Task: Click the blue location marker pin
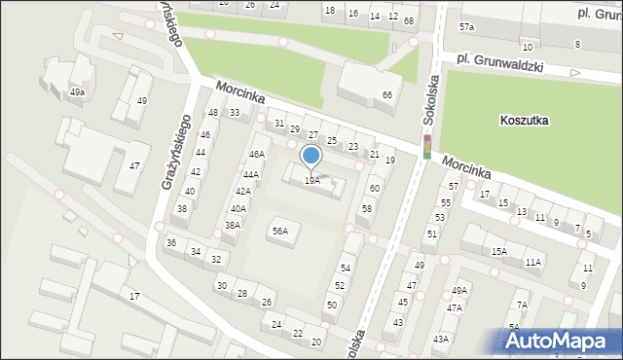click(x=311, y=156)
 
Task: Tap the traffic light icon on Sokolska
click(x=426, y=147)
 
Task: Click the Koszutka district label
click(x=524, y=121)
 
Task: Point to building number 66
click(x=387, y=94)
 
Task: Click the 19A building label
click(x=311, y=180)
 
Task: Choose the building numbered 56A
click(x=280, y=231)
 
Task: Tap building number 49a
click(x=77, y=92)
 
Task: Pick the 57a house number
click(x=467, y=26)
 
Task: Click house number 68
click(x=408, y=20)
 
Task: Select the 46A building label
click(x=256, y=154)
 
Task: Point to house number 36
click(x=171, y=242)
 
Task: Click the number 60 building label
click(x=375, y=188)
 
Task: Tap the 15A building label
click(x=498, y=251)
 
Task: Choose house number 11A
click(x=533, y=262)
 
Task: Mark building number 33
click(x=235, y=113)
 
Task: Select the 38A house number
click(x=233, y=225)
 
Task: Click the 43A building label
click(x=440, y=339)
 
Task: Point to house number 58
click(x=367, y=208)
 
